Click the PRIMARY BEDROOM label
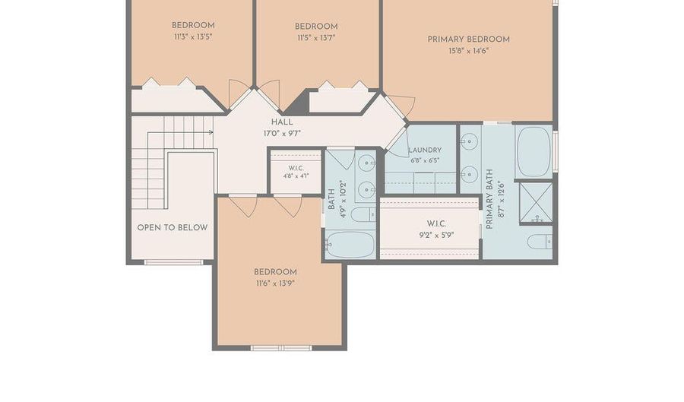pyautogui.click(x=468, y=40)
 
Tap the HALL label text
pyautogui.click(x=282, y=122)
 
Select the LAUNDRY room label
pyautogui.click(x=425, y=150)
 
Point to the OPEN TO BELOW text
pyautogui.click(x=173, y=227)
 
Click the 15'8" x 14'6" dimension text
pyautogui.click(x=468, y=51)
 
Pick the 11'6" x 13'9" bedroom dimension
pyautogui.click(x=275, y=283)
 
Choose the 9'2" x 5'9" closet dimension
pyautogui.click(x=436, y=236)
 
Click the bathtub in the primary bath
pyautogui.click(x=534, y=152)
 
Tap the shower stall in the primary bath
pyautogui.click(x=536, y=203)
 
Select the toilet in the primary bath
pyautogui.click(x=540, y=242)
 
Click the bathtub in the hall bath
pyautogui.click(x=350, y=245)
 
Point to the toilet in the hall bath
pyautogui.click(x=363, y=214)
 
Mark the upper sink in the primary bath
pyautogui.click(x=470, y=142)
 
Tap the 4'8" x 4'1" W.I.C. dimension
pyautogui.click(x=296, y=176)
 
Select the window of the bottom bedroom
pyautogui.click(x=281, y=347)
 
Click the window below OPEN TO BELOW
pyautogui.click(x=173, y=262)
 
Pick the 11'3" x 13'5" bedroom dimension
pyautogui.click(x=193, y=37)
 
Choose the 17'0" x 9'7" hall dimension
pyautogui.click(x=282, y=134)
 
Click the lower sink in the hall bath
pyautogui.click(x=367, y=190)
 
